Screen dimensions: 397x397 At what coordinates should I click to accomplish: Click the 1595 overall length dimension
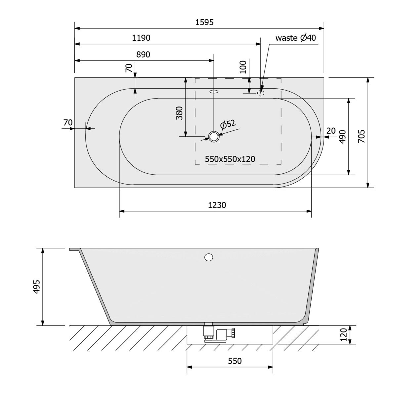pyautogui.click(x=204, y=22)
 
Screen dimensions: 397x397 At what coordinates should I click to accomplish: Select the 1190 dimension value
pyautogui.click(x=141, y=38)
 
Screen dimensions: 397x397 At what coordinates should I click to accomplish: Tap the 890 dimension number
pyautogui.click(x=143, y=55)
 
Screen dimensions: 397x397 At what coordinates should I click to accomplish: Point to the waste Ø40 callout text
pyautogui.click(x=296, y=38)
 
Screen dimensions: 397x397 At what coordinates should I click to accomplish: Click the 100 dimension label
pyautogui.click(x=243, y=67)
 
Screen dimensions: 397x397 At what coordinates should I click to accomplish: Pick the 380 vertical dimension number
pyautogui.click(x=179, y=113)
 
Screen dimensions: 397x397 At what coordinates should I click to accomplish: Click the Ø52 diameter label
pyautogui.click(x=228, y=124)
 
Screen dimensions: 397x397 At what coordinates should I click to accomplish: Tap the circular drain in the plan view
pyautogui.click(x=214, y=136)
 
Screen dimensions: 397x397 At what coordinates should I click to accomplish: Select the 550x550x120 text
pyautogui.click(x=230, y=159)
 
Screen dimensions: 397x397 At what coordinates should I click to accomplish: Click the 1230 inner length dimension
pyautogui.click(x=217, y=205)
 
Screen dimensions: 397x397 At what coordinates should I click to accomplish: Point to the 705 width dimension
pyautogui.click(x=362, y=136)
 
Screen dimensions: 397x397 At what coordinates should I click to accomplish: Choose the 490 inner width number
pyautogui.click(x=342, y=137)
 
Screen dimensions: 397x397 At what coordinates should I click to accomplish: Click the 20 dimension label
pyautogui.click(x=331, y=131)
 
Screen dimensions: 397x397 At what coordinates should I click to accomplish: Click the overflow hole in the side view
pyautogui.click(x=208, y=257)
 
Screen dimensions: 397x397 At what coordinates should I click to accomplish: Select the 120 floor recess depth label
pyautogui.click(x=344, y=335)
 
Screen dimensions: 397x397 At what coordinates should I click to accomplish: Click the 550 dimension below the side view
pyautogui.click(x=235, y=361)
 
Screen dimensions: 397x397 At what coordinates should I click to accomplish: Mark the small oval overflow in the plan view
pyautogui.click(x=214, y=91)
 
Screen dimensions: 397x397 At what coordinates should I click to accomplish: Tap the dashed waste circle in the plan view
pyautogui.click(x=261, y=93)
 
